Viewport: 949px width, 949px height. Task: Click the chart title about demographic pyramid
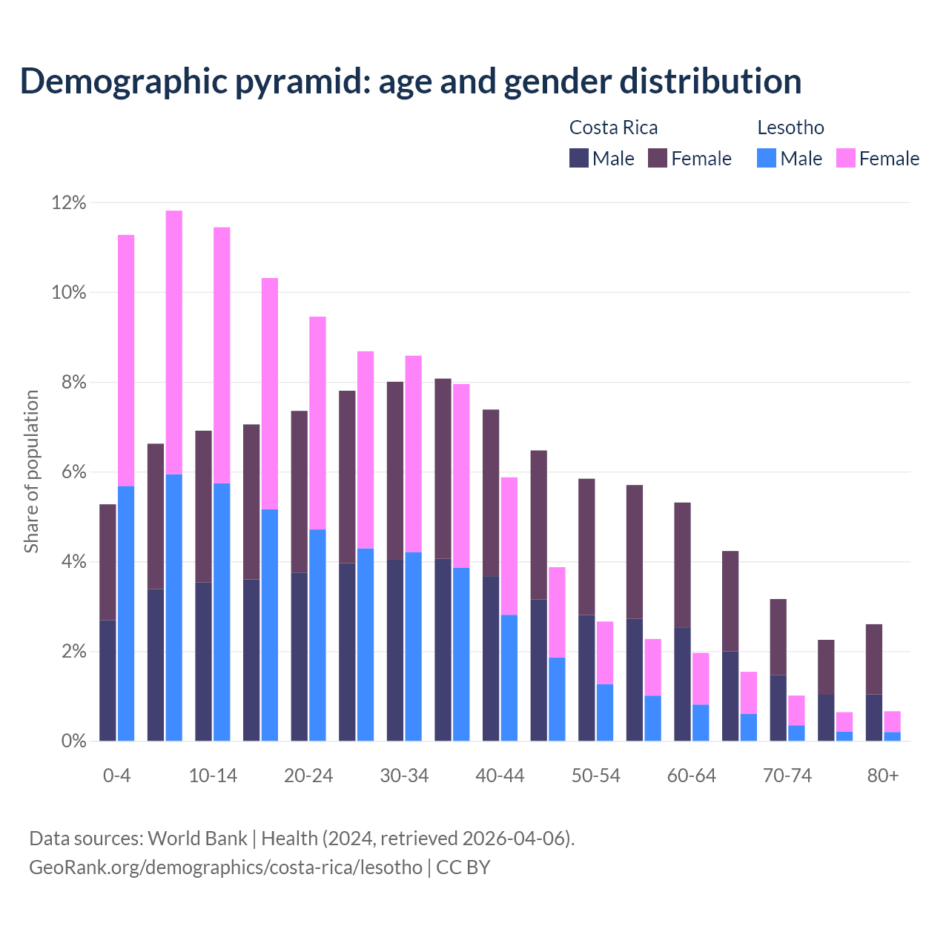click(x=410, y=82)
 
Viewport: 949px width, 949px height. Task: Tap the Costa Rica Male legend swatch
click(x=579, y=158)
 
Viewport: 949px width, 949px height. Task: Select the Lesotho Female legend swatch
click(x=846, y=158)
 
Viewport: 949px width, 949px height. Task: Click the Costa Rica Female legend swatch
click(x=658, y=158)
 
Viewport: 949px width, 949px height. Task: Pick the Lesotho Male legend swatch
click(x=767, y=158)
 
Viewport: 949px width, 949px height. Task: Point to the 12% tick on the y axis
click(x=69, y=202)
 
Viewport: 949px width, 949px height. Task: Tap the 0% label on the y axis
click(x=73, y=741)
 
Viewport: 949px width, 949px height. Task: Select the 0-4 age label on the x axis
click(x=117, y=776)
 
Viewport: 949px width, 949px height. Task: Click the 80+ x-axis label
click(x=883, y=776)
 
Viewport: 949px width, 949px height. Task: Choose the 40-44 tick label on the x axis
click(x=500, y=776)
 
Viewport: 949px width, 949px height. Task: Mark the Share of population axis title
click(x=32, y=472)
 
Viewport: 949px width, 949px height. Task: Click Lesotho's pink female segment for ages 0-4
click(x=126, y=360)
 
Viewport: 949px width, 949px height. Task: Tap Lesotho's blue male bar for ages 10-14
click(x=222, y=612)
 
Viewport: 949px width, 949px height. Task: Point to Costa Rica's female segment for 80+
click(x=874, y=659)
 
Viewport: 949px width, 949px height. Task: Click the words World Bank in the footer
click(x=197, y=839)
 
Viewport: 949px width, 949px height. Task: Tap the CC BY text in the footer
click(x=463, y=867)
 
